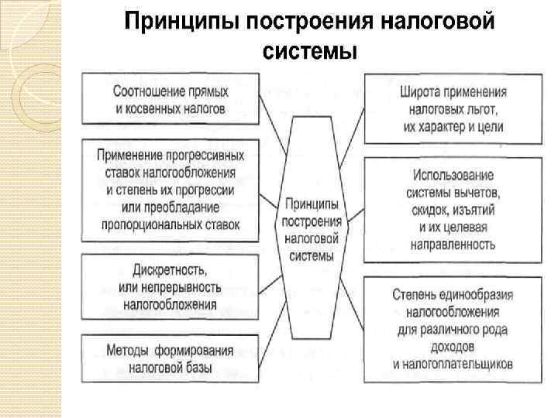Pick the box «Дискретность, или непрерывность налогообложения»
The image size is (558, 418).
[170, 286]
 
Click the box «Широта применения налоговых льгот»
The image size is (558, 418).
[453, 108]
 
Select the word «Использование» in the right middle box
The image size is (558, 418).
[453, 174]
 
